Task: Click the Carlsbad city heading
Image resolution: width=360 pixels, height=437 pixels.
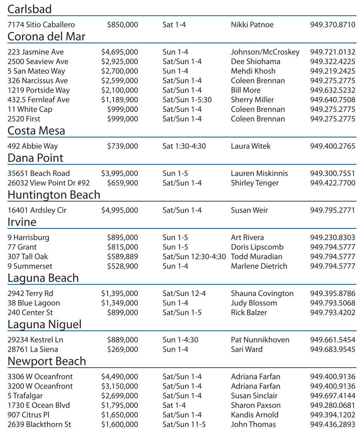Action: point(30,9)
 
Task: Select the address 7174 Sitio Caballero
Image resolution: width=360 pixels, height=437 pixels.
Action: point(41,25)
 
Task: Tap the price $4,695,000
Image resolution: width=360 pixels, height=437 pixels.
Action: point(120,53)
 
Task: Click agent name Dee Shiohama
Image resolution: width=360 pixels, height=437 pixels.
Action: point(256,62)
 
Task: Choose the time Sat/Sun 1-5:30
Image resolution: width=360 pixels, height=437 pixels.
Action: point(187,100)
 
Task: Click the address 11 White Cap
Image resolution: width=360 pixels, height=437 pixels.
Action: point(30,109)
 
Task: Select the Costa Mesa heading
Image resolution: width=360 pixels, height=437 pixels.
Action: point(36,130)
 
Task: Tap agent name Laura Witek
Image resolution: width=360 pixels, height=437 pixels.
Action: point(251,147)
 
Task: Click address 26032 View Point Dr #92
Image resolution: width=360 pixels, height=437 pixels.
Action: point(48,183)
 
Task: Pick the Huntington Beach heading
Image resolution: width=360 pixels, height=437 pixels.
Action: point(54,195)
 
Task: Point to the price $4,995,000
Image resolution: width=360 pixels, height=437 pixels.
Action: point(120,211)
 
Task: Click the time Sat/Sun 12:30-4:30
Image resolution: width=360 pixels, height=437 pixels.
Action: point(194,257)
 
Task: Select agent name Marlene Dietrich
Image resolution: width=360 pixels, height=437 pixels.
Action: point(259,266)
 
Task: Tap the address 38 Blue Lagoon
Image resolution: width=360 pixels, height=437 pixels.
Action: point(34,303)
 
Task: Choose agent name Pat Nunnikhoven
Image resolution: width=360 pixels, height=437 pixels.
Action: point(260,340)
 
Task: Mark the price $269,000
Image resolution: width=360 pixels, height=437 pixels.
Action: point(123,350)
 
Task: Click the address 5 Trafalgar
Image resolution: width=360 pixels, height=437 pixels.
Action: point(25,396)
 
